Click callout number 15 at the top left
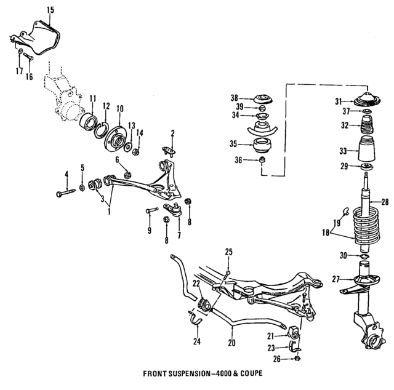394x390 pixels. pos(50,9)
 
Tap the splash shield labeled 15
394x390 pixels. pos(41,38)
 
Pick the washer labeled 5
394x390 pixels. pos(82,186)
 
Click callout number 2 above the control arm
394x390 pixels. pos(173,132)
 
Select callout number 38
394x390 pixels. pos(233,98)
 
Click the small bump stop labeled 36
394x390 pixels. pos(261,161)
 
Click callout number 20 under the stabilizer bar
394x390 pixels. pos(231,343)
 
